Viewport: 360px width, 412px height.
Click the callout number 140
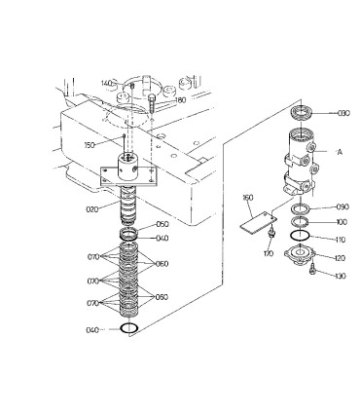click(x=108, y=83)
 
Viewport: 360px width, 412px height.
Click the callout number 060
click(x=162, y=263)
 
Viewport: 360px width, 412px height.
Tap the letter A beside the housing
click(x=340, y=153)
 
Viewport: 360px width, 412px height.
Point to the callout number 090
click(x=342, y=206)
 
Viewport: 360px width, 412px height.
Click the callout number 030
click(x=342, y=114)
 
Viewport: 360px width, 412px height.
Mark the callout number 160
click(x=248, y=199)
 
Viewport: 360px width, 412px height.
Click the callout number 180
click(x=180, y=98)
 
